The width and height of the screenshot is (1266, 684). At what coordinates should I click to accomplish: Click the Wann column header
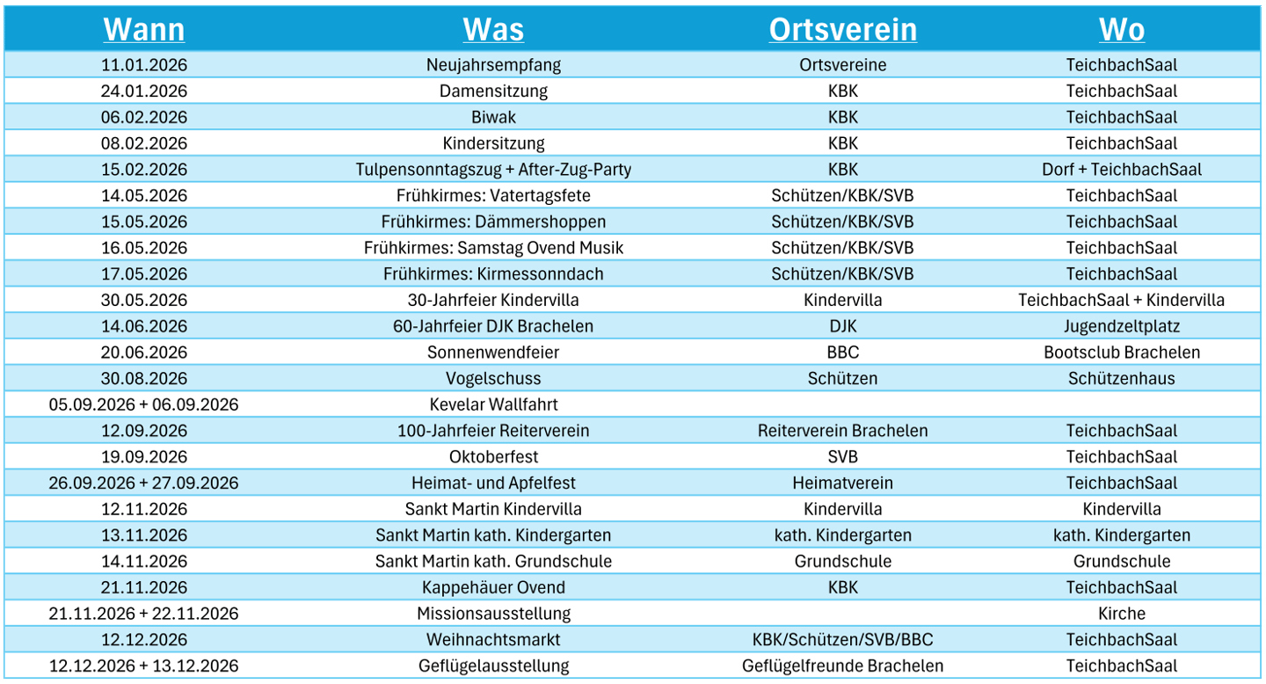[144, 29]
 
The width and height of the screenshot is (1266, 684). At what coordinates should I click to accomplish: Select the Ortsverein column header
[842, 29]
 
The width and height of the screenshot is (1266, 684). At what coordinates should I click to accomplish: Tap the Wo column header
[1122, 29]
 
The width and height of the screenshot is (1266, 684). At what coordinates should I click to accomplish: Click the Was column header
[493, 29]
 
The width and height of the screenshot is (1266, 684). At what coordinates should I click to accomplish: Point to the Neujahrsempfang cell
[493, 65]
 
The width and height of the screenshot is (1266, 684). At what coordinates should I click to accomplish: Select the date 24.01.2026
[144, 91]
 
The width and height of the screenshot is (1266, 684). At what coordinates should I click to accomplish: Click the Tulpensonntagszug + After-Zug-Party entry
[493, 170]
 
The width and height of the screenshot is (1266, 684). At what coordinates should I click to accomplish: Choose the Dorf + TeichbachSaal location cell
[1122, 170]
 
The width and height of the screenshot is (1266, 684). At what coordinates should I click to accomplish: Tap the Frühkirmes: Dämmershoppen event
[493, 222]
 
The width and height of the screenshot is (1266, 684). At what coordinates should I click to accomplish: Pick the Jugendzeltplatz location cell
[1122, 326]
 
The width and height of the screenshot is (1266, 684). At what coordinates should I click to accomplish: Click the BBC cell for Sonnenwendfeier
[842, 353]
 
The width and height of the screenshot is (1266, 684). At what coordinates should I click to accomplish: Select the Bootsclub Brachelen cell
[1122, 353]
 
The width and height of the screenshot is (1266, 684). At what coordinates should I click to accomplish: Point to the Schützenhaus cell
[1122, 378]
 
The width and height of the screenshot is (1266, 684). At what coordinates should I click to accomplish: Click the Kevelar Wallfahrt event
[493, 404]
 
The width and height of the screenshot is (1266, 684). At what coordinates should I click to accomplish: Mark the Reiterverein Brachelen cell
[842, 431]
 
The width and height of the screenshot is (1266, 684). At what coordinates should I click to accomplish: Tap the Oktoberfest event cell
[493, 457]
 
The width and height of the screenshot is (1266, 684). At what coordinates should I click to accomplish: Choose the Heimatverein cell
[842, 483]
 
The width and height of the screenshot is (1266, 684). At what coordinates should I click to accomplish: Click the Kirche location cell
[1122, 614]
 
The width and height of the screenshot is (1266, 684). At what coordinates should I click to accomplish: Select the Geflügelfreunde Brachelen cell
[842, 666]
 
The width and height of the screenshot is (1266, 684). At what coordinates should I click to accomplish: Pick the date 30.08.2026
[144, 378]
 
